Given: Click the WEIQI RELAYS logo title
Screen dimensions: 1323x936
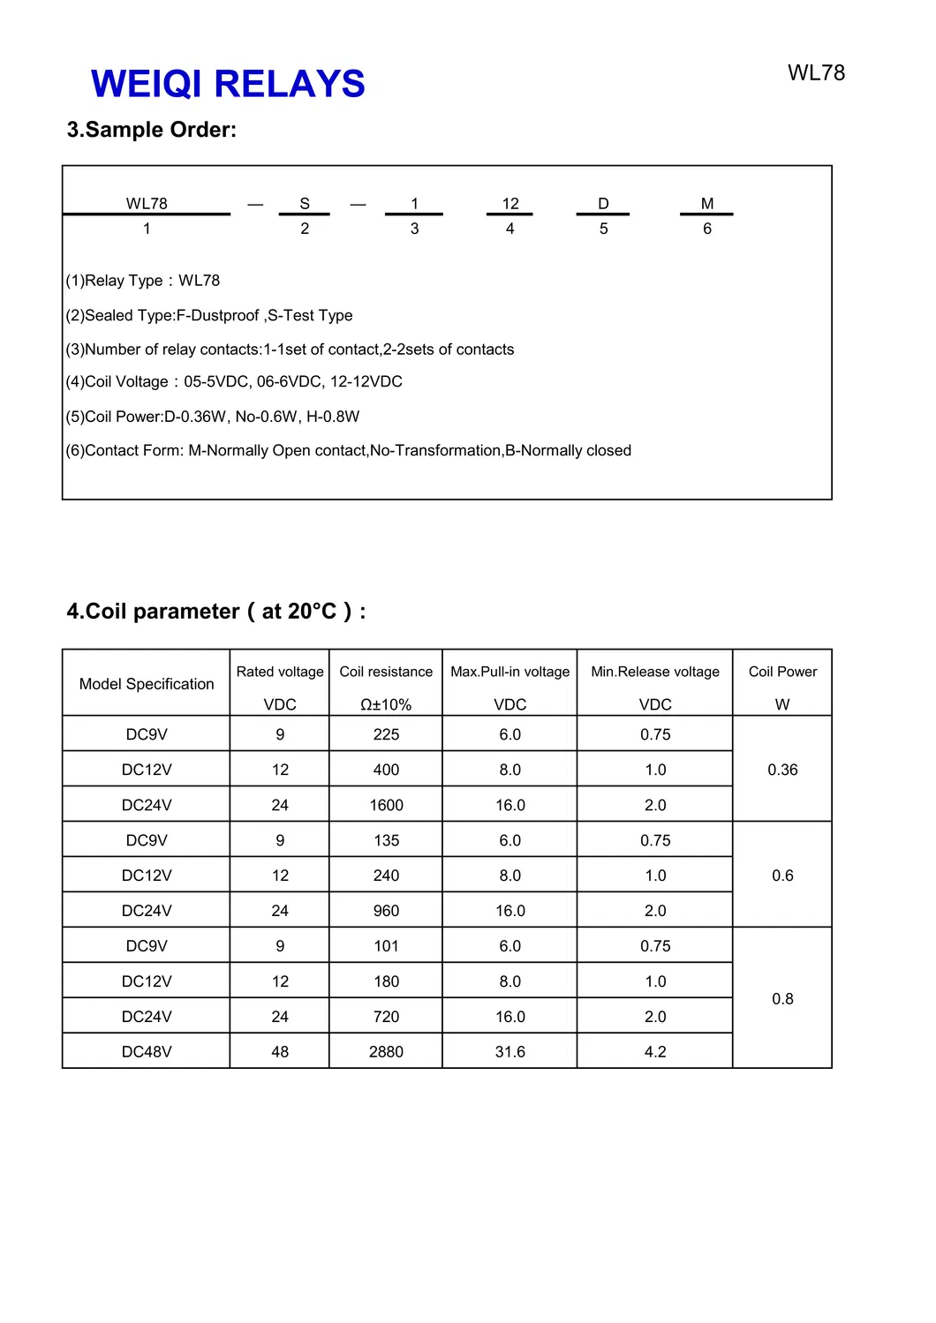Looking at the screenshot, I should (x=228, y=85).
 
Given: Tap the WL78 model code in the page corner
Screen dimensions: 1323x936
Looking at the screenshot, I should (x=816, y=73).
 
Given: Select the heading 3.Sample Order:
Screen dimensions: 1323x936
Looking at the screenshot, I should (x=152, y=130).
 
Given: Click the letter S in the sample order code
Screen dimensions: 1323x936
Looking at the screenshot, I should (x=305, y=204).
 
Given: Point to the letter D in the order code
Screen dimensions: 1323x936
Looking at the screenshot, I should (x=603, y=204).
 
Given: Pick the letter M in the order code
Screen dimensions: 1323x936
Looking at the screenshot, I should (x=707, y=204).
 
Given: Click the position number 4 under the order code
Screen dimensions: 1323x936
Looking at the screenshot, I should (x=510, y=229).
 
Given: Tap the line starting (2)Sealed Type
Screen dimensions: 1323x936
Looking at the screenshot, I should (x=209, y=315).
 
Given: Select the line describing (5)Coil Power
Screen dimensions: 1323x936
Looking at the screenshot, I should (x=213, y=417).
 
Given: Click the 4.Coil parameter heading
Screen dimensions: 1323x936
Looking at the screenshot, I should (x=216, y=612).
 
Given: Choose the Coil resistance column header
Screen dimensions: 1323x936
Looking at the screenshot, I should (x=386, y=672).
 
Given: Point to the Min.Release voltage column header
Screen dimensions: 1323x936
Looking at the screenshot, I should (x=655, y=672).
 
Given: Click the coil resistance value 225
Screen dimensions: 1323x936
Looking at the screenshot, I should (x=386, y=734).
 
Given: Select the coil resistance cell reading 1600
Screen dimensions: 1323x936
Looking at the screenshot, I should (x=386, y=805).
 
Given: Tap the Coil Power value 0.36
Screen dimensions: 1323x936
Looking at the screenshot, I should (x=782, y=770).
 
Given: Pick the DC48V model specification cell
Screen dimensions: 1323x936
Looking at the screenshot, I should (x=147, y=1052).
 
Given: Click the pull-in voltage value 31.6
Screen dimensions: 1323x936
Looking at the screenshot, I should (x=510, y=1052).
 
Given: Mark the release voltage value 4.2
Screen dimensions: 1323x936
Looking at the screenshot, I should (x=655, y=1052).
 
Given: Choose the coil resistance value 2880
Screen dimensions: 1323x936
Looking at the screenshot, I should (x=386, y=1052).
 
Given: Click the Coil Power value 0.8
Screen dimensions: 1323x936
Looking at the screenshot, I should (x=782, y=999).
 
